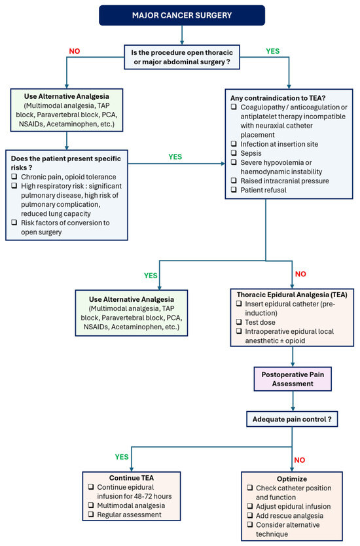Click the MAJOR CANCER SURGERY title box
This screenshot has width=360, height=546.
click(x=182, y=15)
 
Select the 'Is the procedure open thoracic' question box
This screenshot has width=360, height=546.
click(x=182, y=57)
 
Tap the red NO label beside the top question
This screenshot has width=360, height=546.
click(x=75, y=51)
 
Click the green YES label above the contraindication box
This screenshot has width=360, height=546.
click(x=272, y=51)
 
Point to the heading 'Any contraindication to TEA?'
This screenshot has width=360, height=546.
click(x=278, y=98)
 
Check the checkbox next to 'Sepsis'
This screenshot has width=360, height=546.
click(x=234, y=153)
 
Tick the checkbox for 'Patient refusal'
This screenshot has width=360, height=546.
click(x=234, y=190)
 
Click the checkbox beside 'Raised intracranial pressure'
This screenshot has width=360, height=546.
click(x=234, y=181)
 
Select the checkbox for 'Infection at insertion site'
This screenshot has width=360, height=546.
click(x=234, y=143)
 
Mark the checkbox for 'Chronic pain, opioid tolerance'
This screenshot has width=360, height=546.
click(x=14, y=176)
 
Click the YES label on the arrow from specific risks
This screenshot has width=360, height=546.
click(x=175, y=156)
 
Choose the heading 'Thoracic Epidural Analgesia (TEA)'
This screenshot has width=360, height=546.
click(x=292, y=295)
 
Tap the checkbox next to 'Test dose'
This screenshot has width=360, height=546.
click(x=239, y=321)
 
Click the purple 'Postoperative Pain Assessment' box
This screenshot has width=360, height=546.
click(x=293, y=379)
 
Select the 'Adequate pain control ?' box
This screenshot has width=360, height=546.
click(x=292, y=419)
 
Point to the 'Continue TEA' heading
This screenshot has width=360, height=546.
click(x=132, y=478)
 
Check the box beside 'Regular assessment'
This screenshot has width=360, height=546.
click(x=91, y=515)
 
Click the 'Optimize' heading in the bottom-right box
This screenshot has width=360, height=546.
click(x=292, y=479)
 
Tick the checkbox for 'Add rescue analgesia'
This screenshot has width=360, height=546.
click(x=250, y=515)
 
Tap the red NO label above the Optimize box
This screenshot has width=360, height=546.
click(x=299, y=460)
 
